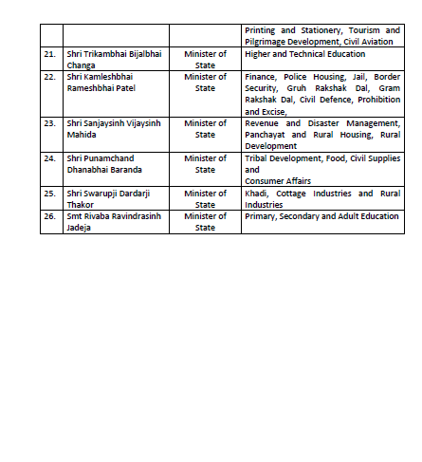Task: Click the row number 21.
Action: pyautogui.click(x=49, y=54)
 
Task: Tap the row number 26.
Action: pyautogui.click(x=49, y=215)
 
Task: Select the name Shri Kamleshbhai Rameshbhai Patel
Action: pyautogui.click(x=108, y=82)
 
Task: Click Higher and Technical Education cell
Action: pyautogui.click(x=303, y=54)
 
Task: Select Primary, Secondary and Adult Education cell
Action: pyautogui.click(x=321, y=215)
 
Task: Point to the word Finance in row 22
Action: pyautogui.click(x=260, y=76)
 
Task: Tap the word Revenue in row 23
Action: pyautogui.click(x=263, y=122)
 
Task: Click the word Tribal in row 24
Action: pyautogui.click(x=257, y=157)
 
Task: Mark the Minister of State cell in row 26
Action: pyautogui.click(x=206, y=221)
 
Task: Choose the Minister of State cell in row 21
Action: pyautogui.click(x=206, y=59)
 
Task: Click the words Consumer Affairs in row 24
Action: pyautogui.click(x=278, y=179)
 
